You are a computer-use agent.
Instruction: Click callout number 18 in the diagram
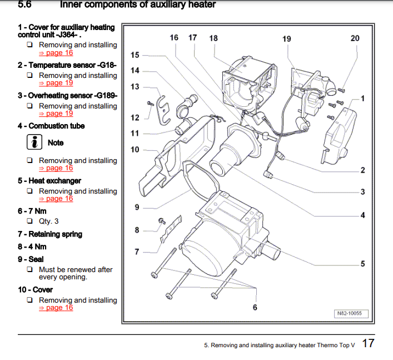213,38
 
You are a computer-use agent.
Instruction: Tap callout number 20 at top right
355,38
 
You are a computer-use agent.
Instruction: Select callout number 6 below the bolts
255,307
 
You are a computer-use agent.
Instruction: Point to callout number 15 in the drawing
135,55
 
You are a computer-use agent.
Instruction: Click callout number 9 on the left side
137,208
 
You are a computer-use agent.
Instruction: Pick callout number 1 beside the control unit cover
362,98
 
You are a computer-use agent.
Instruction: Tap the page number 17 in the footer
368,343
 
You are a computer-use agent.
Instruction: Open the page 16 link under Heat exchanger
56,199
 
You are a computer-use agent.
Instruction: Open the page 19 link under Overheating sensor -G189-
56,114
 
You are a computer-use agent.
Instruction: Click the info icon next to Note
35,142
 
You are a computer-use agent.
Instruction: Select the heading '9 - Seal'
31,259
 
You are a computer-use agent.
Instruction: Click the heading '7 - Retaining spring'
50,234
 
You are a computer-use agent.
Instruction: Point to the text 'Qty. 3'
49,221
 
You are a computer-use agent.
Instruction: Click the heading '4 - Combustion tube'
51,126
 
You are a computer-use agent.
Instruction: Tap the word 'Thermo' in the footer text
328,346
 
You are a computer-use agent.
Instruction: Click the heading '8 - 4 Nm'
32,246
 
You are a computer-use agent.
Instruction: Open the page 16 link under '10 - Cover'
56,308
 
